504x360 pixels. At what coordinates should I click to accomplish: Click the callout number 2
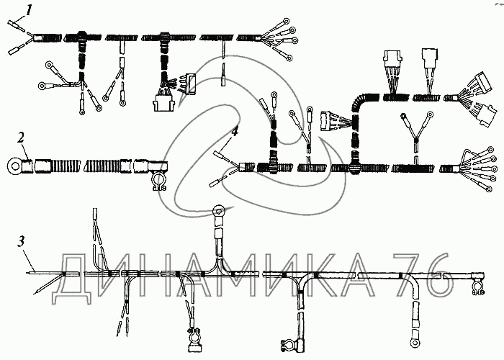[x=22, y=136]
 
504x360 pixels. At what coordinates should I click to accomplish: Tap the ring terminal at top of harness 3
[x=219, y=211]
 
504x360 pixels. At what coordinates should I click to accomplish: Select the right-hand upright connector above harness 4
[x=430, y=55]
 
